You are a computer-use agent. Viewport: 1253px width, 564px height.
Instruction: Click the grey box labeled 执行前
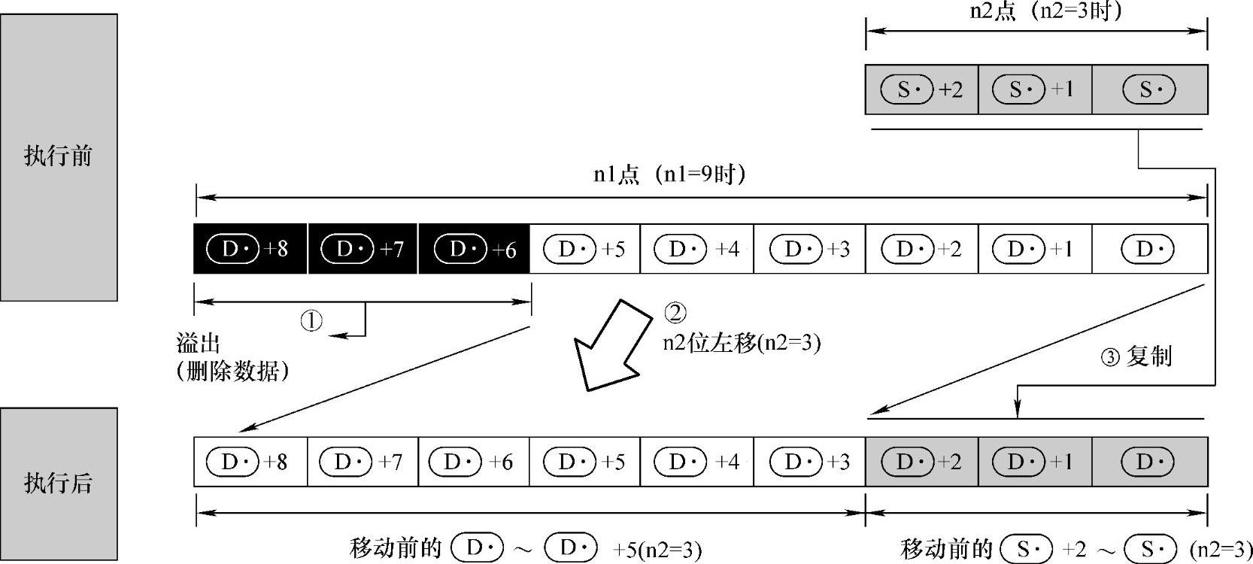59,156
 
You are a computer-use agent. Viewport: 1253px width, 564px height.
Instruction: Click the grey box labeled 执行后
59,483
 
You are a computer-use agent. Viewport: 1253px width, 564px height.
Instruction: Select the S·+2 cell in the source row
921,90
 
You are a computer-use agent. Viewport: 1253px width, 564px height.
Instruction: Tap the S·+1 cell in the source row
1034,90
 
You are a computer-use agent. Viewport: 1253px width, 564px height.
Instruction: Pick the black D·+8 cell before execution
250,249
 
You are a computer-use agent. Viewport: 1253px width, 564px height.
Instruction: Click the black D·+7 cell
363,249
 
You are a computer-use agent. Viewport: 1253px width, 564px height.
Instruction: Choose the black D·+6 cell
474,249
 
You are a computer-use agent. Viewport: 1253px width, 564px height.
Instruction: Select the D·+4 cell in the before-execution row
696,249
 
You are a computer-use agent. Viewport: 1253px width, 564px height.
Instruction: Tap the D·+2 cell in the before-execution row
921,249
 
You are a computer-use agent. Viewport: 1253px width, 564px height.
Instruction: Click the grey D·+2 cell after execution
921,462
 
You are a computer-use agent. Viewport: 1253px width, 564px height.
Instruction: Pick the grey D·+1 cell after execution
1034,462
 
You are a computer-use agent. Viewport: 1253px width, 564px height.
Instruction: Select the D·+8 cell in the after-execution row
250,462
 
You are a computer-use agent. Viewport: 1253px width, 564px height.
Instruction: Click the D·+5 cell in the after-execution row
584,462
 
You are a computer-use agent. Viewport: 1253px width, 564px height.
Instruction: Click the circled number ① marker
311,321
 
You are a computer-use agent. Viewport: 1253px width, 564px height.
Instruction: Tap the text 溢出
199,344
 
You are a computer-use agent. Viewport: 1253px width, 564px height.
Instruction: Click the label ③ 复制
1136,356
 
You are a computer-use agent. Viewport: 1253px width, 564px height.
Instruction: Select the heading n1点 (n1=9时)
669,175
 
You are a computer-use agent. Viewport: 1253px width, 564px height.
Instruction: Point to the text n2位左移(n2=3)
742,343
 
